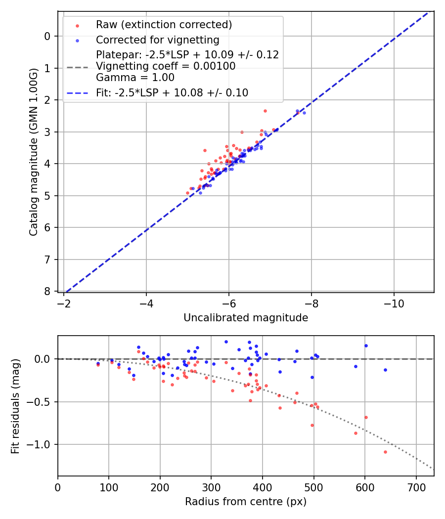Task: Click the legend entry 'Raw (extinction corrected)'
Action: coord(164,25)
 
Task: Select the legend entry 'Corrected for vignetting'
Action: coord(157,40)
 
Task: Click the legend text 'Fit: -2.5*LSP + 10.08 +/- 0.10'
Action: coord(172,92)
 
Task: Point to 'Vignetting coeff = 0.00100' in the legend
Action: coord(166,66)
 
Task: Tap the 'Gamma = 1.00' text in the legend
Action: coord(135,78)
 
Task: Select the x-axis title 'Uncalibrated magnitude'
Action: coord(246,318)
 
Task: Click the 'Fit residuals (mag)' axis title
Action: coord(15,406)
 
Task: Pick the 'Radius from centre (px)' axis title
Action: coord(246,502)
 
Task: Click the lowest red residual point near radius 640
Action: coord(385,452)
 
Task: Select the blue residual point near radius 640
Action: coord(385,370)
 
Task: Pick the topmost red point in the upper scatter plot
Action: coord(265,111)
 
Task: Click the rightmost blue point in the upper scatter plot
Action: coord(304,113)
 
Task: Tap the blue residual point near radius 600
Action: coord(366,346)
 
